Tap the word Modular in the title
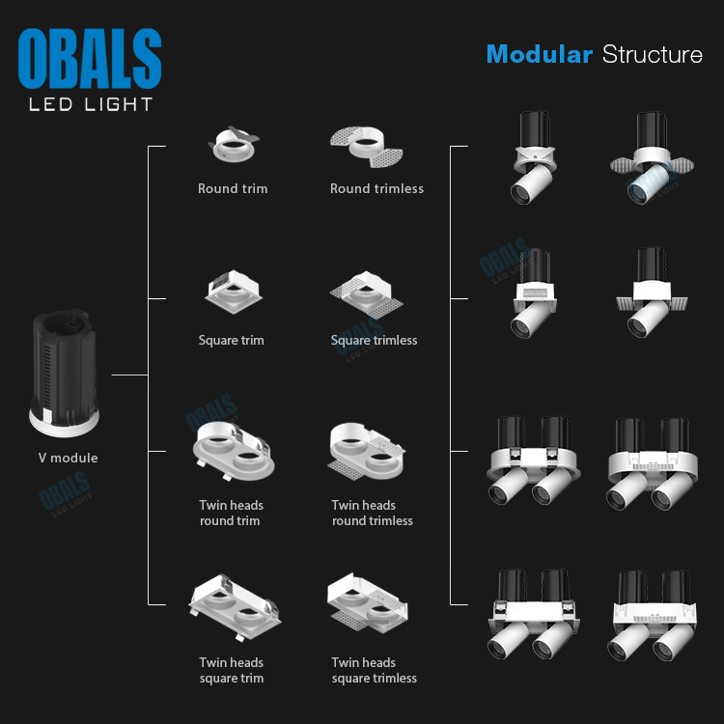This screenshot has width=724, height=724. pos(539,54)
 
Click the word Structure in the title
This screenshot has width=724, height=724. pos(653,54)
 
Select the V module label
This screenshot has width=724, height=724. pos(61,458)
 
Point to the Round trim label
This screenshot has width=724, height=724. pos(233,188)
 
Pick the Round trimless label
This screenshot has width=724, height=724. pos(376,188)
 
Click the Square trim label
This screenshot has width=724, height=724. pos(231,340)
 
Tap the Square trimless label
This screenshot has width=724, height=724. pos(374,340)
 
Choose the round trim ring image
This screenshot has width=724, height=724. pos(233,146)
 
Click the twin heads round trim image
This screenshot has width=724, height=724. pos(233,450)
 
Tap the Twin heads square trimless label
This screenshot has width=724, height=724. pos(374,670)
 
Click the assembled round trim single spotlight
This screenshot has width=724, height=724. pos(535,158)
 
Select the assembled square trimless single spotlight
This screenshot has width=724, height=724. pos(652,294)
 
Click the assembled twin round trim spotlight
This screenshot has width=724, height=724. pos(535,460)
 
